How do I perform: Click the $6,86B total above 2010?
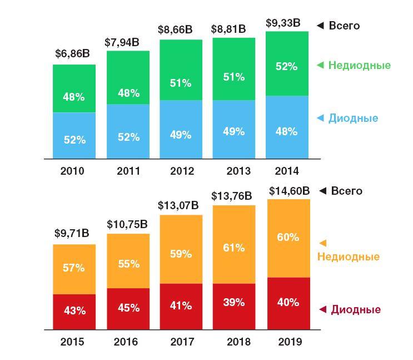(x=74, y=54)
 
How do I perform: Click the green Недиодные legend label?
(x=359, y=65)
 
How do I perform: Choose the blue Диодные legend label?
(x=354, y=118)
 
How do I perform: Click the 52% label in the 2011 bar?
(x=128, y=137)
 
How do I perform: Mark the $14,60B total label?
(x=287, y=190)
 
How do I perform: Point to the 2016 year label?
(x=128, y=341)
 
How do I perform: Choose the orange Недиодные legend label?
(x=349, y=257)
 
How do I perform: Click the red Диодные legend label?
(x=356, y=310)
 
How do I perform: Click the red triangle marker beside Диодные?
(x=322, y=310)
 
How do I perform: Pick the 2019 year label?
(x=287, y=341)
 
